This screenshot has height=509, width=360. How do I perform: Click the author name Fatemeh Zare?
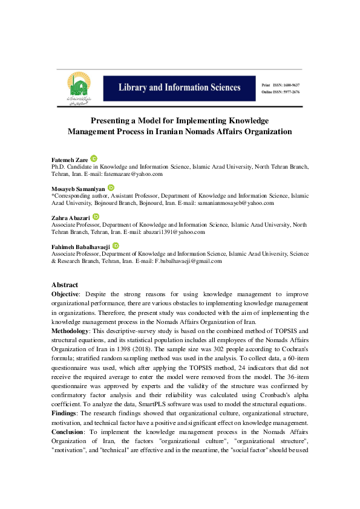point(70,160)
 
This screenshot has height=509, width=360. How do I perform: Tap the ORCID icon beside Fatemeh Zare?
point(94,158)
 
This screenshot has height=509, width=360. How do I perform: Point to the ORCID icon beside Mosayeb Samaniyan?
point(110,187)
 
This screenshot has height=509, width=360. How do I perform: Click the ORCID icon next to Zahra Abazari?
point(96,216)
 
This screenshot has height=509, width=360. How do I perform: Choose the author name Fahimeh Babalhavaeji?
point(80,247)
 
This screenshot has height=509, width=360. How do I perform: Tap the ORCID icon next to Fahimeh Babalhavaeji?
point(115,245)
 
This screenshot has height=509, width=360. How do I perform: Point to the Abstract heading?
point(65,285)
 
